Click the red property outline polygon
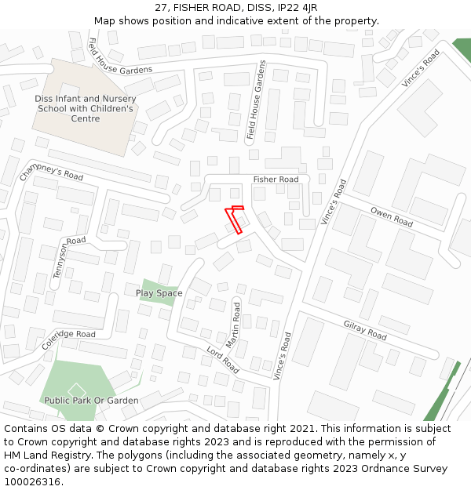point(234,218)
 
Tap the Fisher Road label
point(276,180)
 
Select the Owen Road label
point(392,218)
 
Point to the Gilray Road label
point(365,330)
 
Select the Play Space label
point(159,293)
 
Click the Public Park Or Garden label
point(91,401)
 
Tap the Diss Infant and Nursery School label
point(86,109)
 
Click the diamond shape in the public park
point(76,390)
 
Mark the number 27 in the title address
point(161,7)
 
